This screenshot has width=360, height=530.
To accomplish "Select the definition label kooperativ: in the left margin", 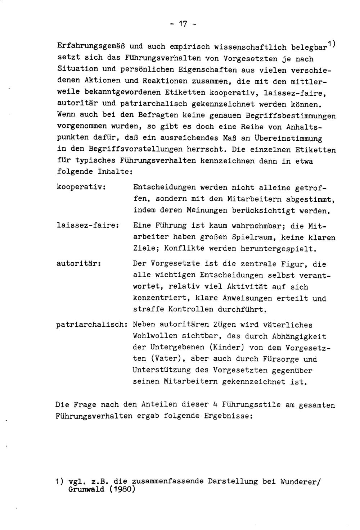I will tap(81, 187).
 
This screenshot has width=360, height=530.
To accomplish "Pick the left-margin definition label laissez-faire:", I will tap(88, 226).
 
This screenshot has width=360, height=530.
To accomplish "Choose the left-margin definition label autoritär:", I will tap(78, 264).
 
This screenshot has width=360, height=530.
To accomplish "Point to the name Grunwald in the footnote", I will tap(86, 489).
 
